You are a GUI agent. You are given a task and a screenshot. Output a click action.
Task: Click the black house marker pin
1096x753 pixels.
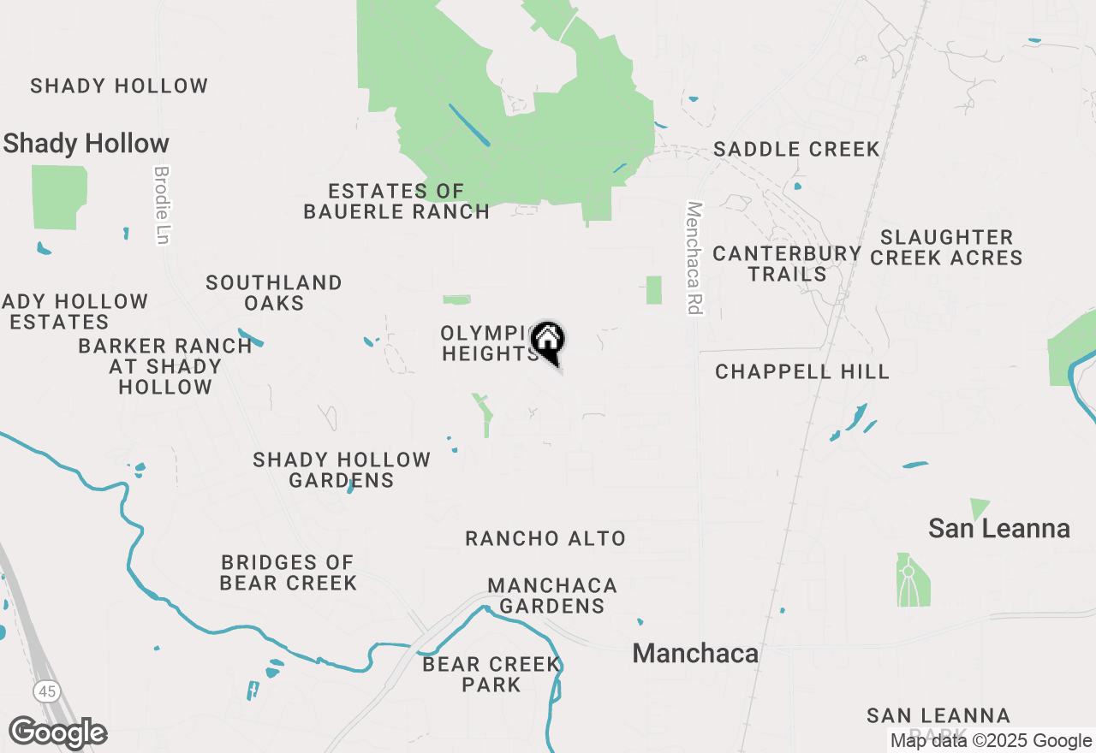(x=548, y=341)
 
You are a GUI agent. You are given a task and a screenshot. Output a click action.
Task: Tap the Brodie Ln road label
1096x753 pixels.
(x=161, y=205)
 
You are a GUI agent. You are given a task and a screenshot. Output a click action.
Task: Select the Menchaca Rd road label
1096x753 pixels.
(x=694, y=258)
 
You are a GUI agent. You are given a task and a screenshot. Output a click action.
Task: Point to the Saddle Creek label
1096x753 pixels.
(x=796, y=149)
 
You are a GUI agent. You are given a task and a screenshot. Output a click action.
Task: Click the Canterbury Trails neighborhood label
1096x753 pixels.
(x=787, y=264)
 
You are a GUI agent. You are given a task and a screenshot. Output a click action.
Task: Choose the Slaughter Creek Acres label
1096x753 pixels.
(x=946, y=247)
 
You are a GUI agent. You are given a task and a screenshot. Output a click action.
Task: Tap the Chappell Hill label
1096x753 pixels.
(x=802, y=371)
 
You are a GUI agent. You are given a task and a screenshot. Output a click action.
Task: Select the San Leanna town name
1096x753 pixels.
(x=999, y=529)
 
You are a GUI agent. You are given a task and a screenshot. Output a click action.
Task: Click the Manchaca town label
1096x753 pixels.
(x=695, y=654)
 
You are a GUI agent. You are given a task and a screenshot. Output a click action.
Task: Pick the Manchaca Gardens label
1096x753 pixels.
(x=552, y=596)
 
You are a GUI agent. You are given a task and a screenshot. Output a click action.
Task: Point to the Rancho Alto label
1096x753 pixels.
(x=545, y=538)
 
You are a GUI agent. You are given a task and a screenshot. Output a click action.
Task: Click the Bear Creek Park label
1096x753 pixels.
(x=491, y=674)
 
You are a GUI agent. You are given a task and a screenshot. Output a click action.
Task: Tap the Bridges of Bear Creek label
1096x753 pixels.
(x=288, y=572)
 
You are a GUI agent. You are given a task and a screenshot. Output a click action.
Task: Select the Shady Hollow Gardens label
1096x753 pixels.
(x=342, y=470)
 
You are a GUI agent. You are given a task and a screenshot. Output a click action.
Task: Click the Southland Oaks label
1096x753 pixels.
(x=274, y=293)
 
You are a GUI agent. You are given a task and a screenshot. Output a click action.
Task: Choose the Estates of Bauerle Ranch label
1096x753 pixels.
(x=396, y=201)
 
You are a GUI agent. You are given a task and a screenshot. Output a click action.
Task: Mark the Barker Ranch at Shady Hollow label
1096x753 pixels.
(x=165, y=366)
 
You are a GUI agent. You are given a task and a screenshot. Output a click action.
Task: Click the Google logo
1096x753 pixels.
(x=58, y=732)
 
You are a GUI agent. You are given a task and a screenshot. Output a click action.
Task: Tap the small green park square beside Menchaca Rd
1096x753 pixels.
(x=654, y=290)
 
